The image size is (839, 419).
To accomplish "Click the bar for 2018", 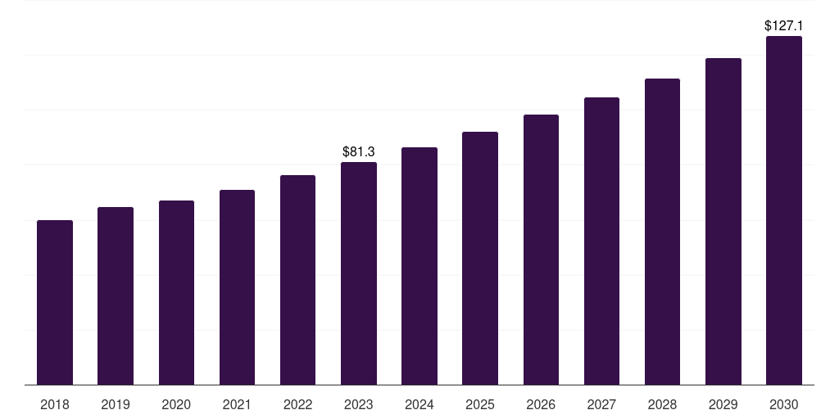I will click(55, 303).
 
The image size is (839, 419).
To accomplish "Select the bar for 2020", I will click(176, 293).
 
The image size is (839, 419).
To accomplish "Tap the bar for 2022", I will click(297, 280).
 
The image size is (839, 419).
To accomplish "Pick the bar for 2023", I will click(359, 273).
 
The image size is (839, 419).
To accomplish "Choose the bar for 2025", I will click(480, 259).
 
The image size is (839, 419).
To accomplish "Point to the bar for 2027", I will click(601, 241).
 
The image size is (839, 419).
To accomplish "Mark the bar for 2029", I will click(723, 222).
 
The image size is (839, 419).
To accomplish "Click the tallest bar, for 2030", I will click(784, 210).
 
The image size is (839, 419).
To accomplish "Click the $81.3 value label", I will click(359, 151).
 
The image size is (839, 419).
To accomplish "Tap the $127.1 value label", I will click(783, 26).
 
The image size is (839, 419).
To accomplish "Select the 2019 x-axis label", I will click(116, 404).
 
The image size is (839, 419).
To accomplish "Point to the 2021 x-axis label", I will click(237, 404).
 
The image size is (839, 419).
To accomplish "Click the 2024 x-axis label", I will click(419, 404).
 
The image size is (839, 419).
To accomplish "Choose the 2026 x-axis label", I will click(541, 404).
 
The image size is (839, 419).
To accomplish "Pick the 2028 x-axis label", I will click(662, 404).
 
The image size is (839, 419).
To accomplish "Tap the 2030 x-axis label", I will click(784, 404).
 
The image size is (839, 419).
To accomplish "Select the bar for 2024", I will click(419, 266).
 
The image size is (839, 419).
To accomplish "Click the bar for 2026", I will click(541, 250).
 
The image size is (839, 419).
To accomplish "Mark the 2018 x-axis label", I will click(55, 404).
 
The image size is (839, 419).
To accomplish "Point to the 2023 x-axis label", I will click(359, 404).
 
